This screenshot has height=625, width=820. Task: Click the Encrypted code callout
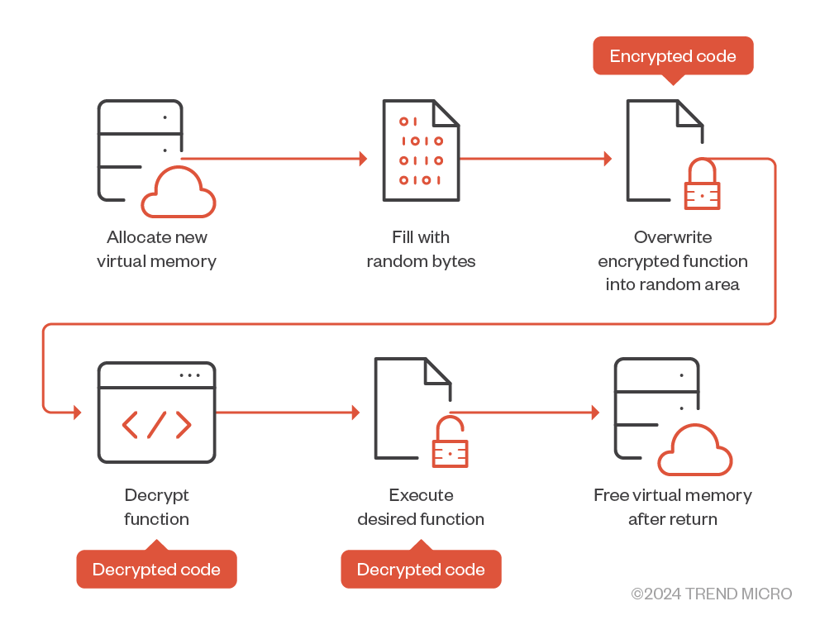(x=673, y=56)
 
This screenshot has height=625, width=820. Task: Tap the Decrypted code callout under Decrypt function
(x=156, y=570)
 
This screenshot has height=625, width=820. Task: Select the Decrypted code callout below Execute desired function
(x=421, y=570)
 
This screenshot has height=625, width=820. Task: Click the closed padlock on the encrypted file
(x=702, y=188)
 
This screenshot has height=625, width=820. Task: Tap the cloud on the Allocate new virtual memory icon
(x=179, y=195)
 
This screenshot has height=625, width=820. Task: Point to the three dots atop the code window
(x=189, y=375)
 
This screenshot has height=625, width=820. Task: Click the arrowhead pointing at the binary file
(x=363, y=159)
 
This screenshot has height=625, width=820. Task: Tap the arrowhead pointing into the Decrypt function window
(x=78, y=412)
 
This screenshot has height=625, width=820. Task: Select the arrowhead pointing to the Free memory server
(x=594, y=412)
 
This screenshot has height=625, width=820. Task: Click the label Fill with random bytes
(x=421, y=250)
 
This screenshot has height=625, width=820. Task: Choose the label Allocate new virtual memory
(x=156, y=250)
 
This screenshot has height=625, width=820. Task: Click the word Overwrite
(x=672, y=237)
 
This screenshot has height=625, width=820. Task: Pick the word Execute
(x=421, y=495)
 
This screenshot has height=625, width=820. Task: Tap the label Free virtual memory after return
(x=673, y=507)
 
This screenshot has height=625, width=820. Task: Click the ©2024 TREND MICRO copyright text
(x=711, y=594)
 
